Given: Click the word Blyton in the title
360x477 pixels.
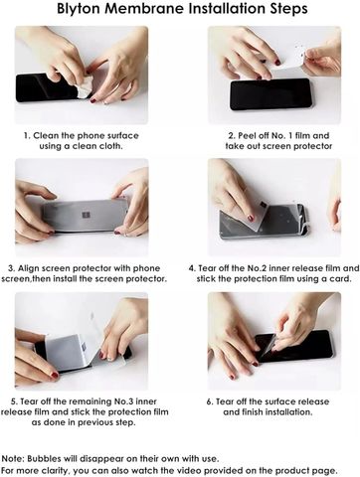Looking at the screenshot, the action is (x=79, y=9).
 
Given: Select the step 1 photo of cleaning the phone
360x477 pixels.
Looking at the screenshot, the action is (x=82, y=75).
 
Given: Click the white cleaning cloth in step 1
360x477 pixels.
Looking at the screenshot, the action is (x=84, y=86).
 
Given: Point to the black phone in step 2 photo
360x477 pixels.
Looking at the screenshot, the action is (x=270, y=93).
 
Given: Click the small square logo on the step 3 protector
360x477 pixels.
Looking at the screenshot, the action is (x=87, y=215).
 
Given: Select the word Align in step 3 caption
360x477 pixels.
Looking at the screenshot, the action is (x=28, y=268).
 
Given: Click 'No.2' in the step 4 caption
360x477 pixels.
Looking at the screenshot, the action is (x=257, y=268).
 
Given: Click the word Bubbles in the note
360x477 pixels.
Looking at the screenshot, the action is (x=44, y=459).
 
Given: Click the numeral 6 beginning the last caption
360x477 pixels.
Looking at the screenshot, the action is (x=209, y=401).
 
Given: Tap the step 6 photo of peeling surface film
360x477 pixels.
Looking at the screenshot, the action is (x=274, y=341).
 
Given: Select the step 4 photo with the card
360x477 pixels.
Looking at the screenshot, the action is (x=274, y=208).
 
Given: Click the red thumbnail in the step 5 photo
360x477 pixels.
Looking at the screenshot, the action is (x=55, y=376).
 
